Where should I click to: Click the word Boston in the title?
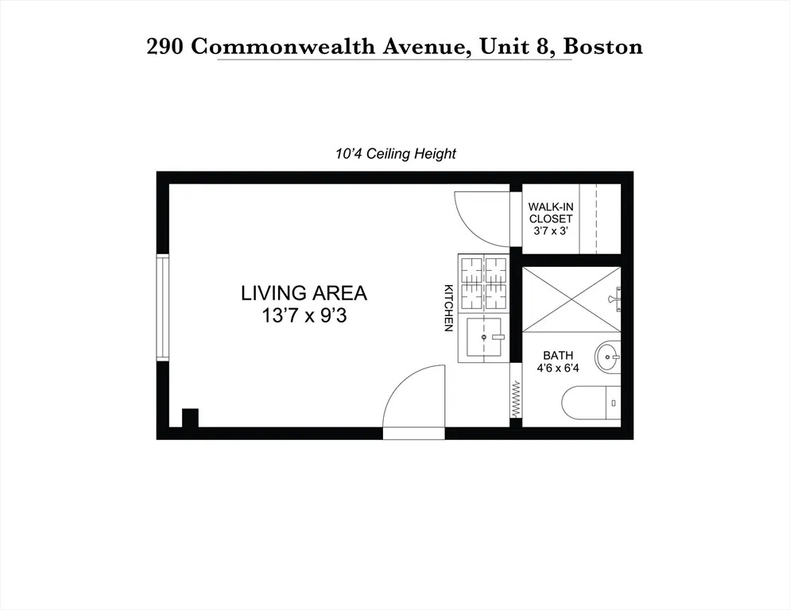(602, 47)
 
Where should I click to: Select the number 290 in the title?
(167, 47)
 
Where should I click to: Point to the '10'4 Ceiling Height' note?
(395, 154)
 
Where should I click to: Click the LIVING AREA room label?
(304, 293)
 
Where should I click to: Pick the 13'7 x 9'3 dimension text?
(304, 315)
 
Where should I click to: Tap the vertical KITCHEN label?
(448, 307)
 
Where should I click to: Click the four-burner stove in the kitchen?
(483, 284)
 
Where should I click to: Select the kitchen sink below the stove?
(483, 337)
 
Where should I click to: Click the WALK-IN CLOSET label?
(551, 213)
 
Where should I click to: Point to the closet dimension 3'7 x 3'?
(551, 231)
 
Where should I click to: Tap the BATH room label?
(558, 356)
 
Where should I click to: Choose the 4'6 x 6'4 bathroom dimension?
(558, 369)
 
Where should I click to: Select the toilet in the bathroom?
(592, 403)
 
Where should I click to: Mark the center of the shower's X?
(571, 299)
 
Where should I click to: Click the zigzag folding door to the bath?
(515, 399)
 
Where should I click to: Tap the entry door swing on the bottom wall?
(415, 401)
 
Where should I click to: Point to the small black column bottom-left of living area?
(190, 418)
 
